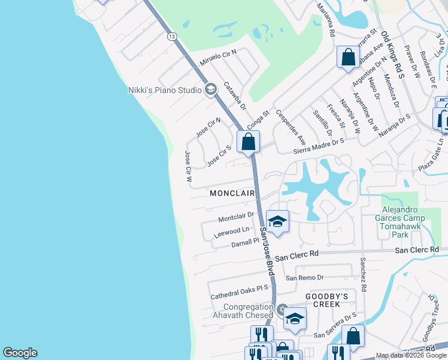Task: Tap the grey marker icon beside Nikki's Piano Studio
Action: [x=210, y=90]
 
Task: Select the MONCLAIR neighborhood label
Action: [x=232, y=193]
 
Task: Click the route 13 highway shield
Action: [x=172, y=37]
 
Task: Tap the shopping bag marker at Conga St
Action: [x=248, y=142]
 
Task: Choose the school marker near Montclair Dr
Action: [x=277, y=222]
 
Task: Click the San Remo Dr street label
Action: [x=304, y=277]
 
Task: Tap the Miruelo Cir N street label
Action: [x=218, y=58]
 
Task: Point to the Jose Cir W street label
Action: [x=188, y=166]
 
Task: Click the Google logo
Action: [x=20, y=353]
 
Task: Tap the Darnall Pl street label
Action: [x=244, y=242]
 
